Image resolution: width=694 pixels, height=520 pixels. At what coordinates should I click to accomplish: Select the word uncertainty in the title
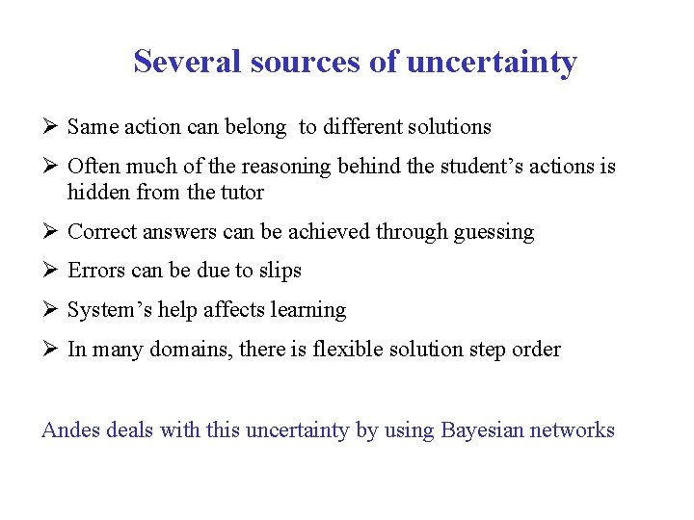[492, 62]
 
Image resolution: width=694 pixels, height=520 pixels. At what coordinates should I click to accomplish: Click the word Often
[94, 167]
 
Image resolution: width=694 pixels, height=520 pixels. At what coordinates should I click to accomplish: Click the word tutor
[241, 193]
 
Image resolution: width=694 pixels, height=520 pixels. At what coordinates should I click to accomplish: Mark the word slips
[280, 271]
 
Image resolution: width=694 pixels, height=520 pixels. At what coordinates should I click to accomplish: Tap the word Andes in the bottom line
[69, 430]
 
